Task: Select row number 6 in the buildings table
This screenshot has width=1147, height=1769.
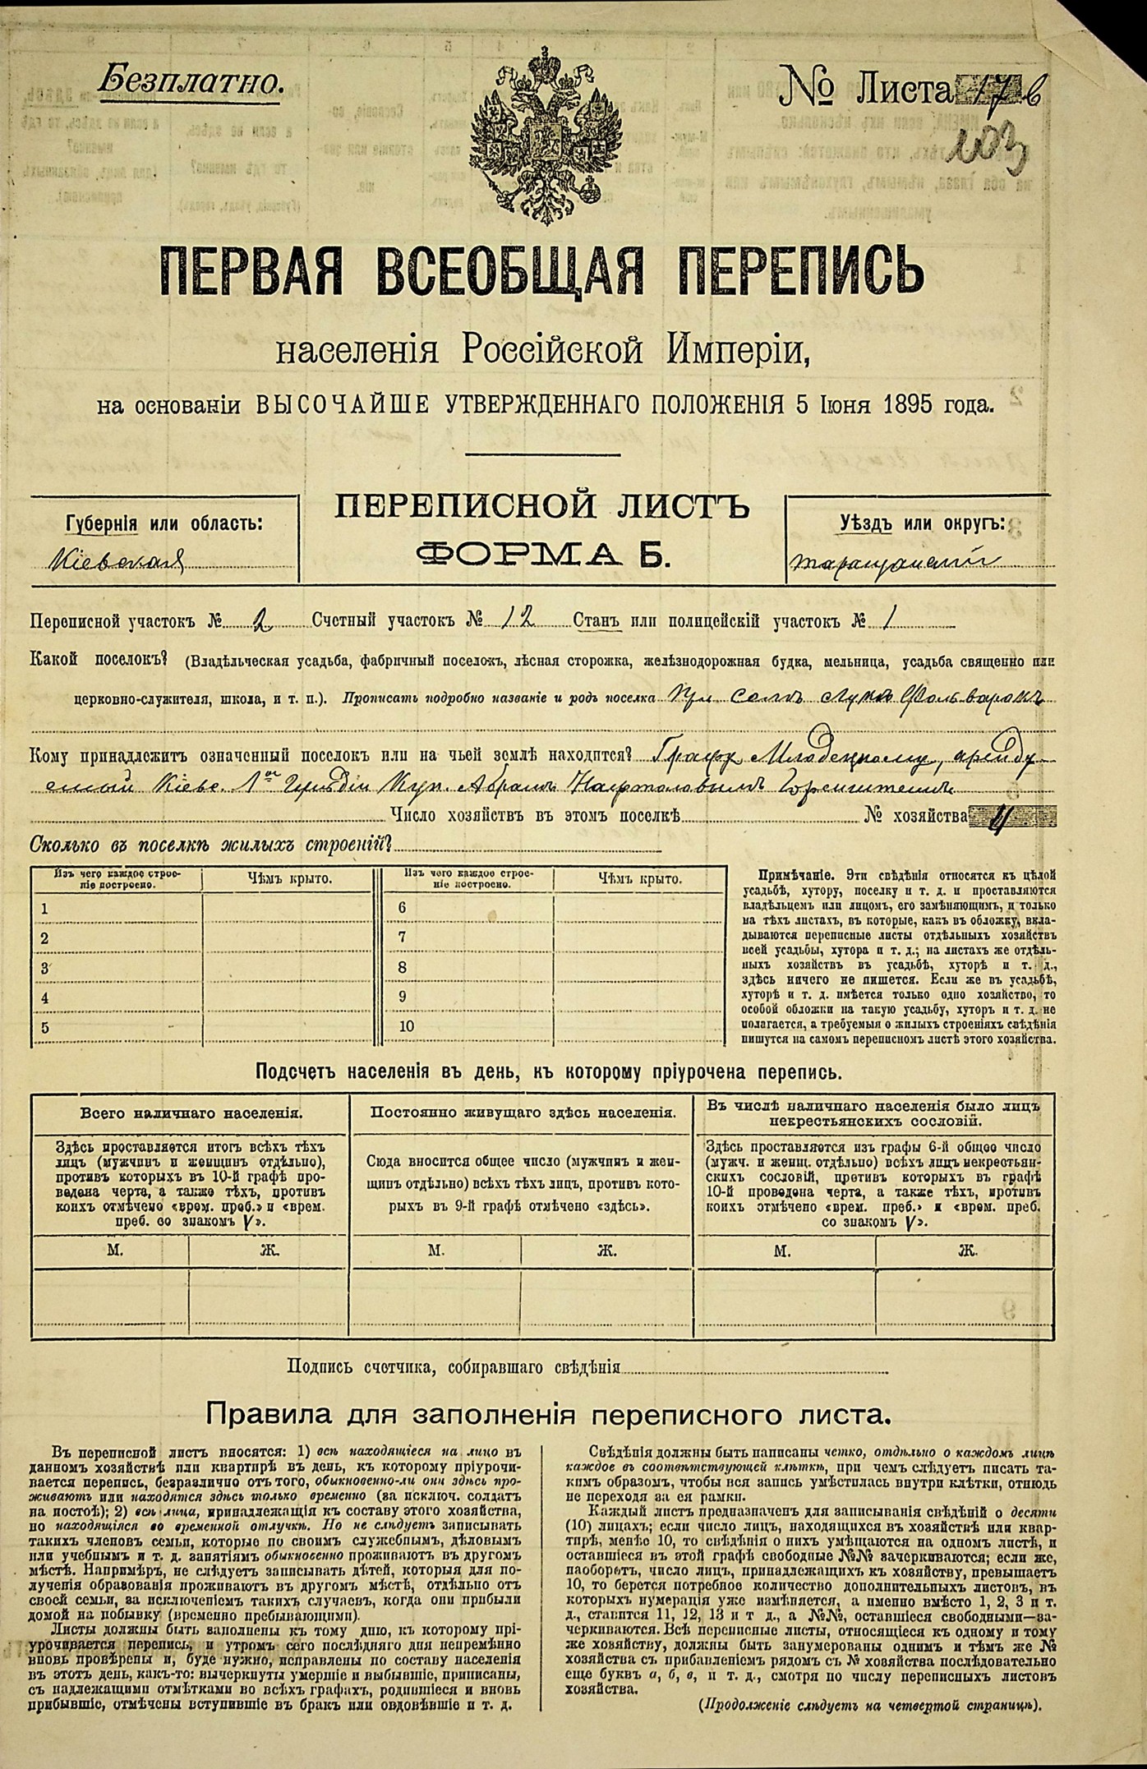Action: [403, 908]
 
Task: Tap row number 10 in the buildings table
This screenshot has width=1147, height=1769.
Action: [406, 1025]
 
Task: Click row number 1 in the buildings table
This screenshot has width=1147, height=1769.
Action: [44, 908]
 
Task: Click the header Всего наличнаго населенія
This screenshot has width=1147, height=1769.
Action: [191, 1114]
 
